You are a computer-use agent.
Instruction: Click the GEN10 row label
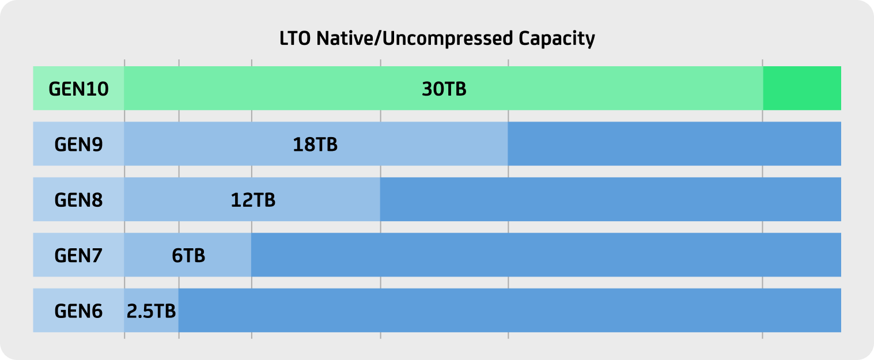(78, 89)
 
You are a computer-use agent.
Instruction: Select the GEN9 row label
(78, 145)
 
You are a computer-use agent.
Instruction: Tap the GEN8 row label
(78, 200)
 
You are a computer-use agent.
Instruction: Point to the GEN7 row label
(78, 256)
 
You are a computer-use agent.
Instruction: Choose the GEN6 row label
(78, 311)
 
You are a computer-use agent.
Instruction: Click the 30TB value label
(444, 89)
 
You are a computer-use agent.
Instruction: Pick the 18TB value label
(315, 145)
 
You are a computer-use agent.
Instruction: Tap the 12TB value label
(253, 200)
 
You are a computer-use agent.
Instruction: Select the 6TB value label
(188, 256)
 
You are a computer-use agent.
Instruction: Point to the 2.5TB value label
(151, 311)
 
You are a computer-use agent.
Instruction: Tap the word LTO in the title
(295, 38)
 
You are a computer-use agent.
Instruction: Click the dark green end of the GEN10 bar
(802, 88)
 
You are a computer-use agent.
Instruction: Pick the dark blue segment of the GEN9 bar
(674, 143)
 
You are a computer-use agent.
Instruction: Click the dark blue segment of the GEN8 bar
(611, 199)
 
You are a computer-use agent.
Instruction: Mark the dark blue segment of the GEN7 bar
(546, 255)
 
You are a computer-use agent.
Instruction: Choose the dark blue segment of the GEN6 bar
(510, 310)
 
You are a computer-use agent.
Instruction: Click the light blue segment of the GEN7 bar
(188, 255)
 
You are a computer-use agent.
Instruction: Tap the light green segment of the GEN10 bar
(444, 88)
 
